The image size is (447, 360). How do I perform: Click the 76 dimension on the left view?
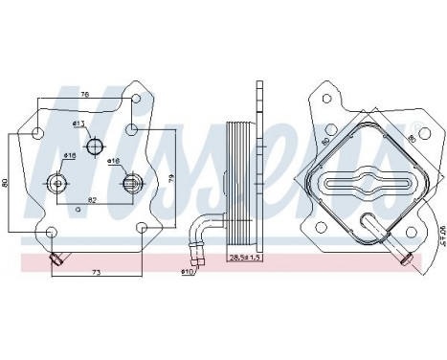click(85, 95)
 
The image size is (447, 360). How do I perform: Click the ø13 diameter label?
click(78, 124)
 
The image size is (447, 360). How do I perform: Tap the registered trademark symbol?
click(416, 126)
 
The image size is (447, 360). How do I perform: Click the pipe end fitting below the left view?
click(57, 256)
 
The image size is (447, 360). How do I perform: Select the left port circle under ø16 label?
click(57, 184)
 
